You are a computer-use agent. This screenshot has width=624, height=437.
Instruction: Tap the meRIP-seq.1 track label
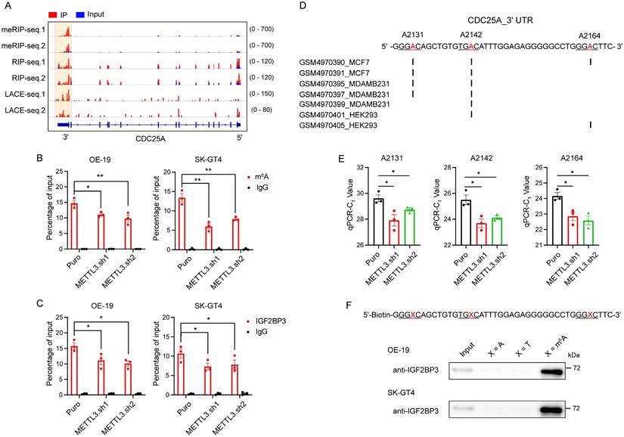[27, 30]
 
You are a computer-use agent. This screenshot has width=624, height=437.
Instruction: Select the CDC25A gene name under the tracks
[151, 138]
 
